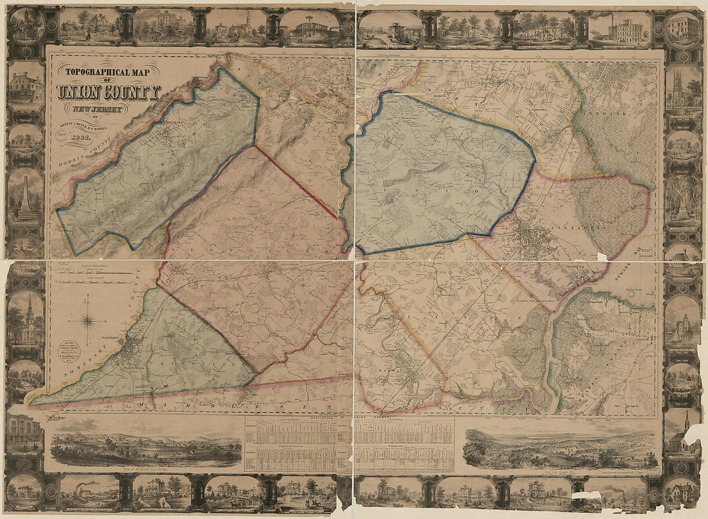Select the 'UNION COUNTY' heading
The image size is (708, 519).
pyautogui.click(x=108, y=92)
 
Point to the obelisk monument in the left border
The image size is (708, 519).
pyautogui.click(x=25, y=194)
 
